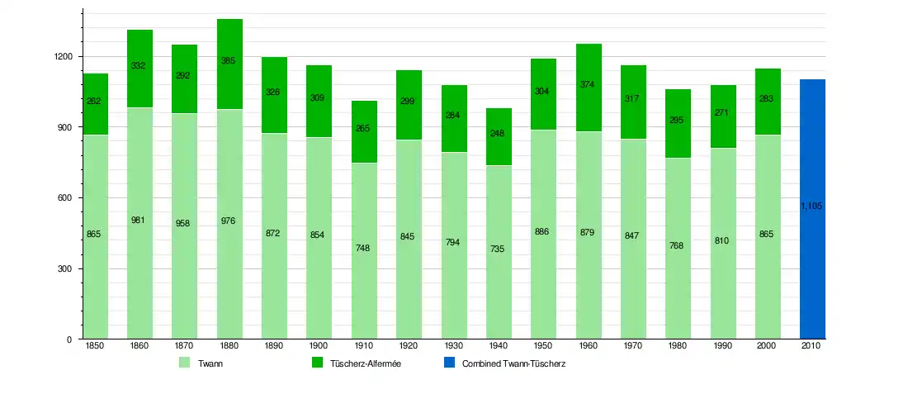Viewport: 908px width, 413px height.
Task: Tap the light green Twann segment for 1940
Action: point(499,273)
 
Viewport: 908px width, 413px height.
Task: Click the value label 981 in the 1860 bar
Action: point(139,220)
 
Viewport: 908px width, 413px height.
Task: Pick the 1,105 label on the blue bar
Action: point(812,206)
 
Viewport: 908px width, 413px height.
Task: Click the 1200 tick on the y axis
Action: point(64,57)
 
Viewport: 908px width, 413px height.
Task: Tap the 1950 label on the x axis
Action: point(542,346)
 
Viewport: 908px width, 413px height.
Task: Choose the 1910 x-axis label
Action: point(363,346)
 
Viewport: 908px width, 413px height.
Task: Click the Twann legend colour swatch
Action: point(185,363)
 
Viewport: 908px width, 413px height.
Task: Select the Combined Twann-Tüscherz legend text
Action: point(513,363)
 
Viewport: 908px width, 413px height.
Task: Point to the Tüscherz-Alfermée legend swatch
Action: point(317,363)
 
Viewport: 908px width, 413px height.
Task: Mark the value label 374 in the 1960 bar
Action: point(588,84)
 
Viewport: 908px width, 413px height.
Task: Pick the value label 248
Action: point(499,133)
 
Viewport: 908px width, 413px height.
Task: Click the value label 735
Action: point(499,249)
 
